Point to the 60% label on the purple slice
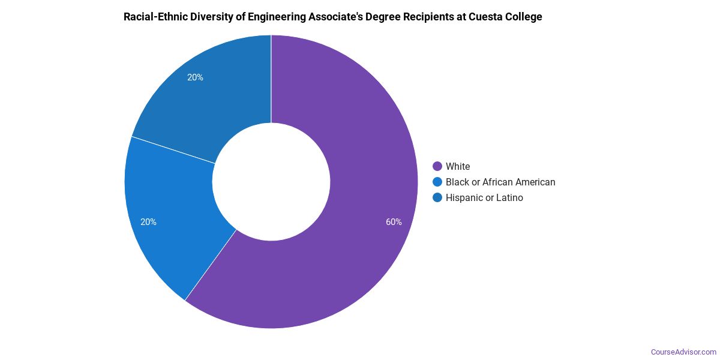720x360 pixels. (x=394, y=222)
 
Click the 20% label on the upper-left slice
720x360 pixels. (x=195, y=77)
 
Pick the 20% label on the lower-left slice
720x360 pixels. (x=149, y=222)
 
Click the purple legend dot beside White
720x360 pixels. (x=437, y=166)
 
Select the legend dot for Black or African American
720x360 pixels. (x=437, y=182)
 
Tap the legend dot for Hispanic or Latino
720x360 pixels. (x=437, y=197)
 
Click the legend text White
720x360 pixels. (x=458, y=166)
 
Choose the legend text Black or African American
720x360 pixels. (x=500, y=182)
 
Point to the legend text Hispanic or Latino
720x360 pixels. (x=484, y=197)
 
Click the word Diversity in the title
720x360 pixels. (x=214, y=17)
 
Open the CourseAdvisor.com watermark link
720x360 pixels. (x=683, y=352)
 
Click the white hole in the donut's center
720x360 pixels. (x=271, y=182)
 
